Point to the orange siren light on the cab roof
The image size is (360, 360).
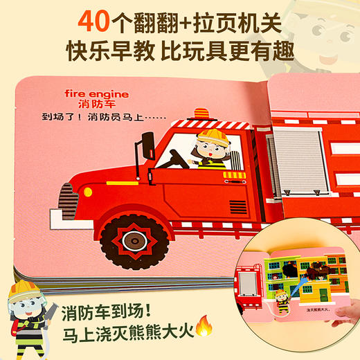click(201, 113)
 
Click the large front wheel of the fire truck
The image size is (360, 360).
click(131, 240)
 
